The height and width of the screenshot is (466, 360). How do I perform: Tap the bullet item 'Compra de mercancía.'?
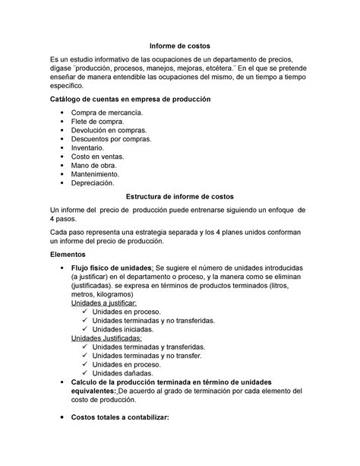[x=106, y=113]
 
